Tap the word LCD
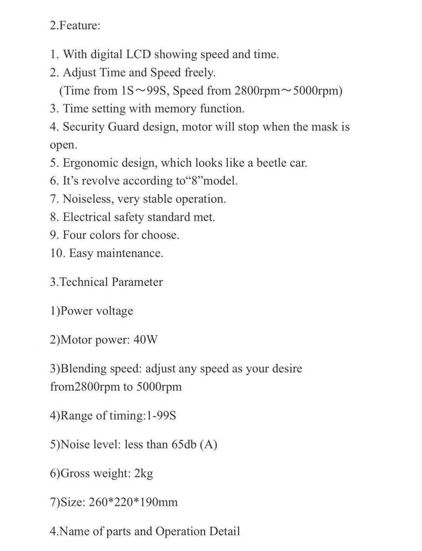[x=139, y=54]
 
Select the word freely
[x=200, y=73]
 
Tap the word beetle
[x=271, y=163]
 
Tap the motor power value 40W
[x=145, y=340]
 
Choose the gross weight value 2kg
[x=143, y=473]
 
